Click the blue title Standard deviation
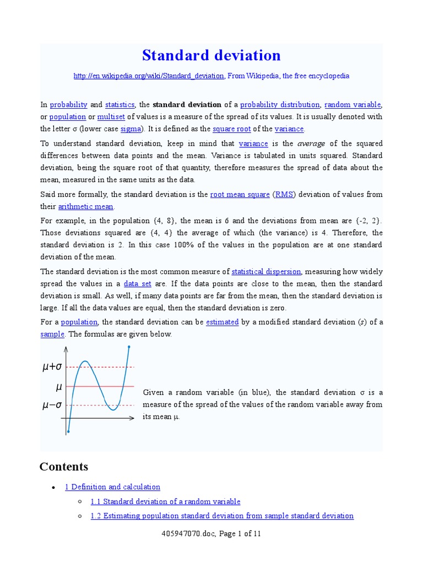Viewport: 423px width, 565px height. [211, 55]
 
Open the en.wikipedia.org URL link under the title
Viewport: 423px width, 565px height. [149, 76]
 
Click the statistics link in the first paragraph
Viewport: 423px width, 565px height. [120, 104]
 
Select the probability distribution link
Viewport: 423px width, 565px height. [280, 104]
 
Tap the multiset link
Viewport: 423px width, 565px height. [111, 116]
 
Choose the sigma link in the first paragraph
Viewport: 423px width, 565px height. [131, 129]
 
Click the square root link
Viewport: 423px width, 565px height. [231, 129]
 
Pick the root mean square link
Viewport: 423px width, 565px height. [240, 194]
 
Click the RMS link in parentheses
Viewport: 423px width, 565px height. [284, 194]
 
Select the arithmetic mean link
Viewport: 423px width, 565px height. [86, 206]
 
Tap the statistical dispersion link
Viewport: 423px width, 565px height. [266, 271]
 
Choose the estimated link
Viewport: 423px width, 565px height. [222, 322]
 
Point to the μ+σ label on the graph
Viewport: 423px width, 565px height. [52, 366]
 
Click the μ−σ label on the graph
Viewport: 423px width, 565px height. [52, 406]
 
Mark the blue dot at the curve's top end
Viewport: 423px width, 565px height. [129, 347]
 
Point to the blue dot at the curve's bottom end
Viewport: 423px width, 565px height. [68, 431]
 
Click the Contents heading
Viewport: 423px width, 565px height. [63, 467]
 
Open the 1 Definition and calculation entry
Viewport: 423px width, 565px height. [112, 487]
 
